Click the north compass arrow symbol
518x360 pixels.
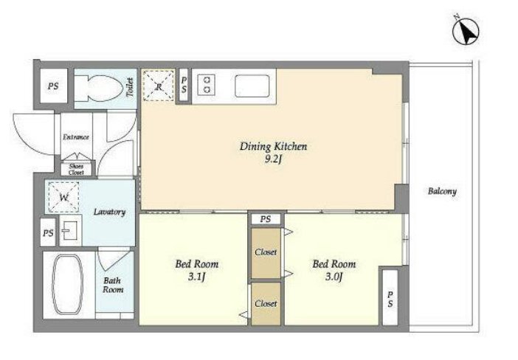(466, 32)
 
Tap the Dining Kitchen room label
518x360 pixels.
(273, 146)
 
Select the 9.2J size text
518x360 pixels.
(273, 160)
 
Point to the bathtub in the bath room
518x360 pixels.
(67, 284)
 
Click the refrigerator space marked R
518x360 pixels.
(158, 86)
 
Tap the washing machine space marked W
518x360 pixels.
(63, 197)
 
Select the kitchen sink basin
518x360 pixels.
(252, 86)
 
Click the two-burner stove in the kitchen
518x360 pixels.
(207, 84)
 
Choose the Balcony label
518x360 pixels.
(442, 191)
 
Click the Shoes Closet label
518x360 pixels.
(76, 169)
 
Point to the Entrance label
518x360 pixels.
(76, 136)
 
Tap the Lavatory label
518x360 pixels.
(109, 212)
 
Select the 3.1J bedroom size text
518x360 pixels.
(197, 277)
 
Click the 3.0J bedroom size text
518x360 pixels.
(334, 277)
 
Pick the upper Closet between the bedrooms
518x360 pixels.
(266, 253)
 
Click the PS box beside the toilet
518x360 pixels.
(53, 86)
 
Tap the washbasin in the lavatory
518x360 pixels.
(70, 230)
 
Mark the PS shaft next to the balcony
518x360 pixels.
(390, 299)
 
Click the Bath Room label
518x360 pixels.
(113, 285)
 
